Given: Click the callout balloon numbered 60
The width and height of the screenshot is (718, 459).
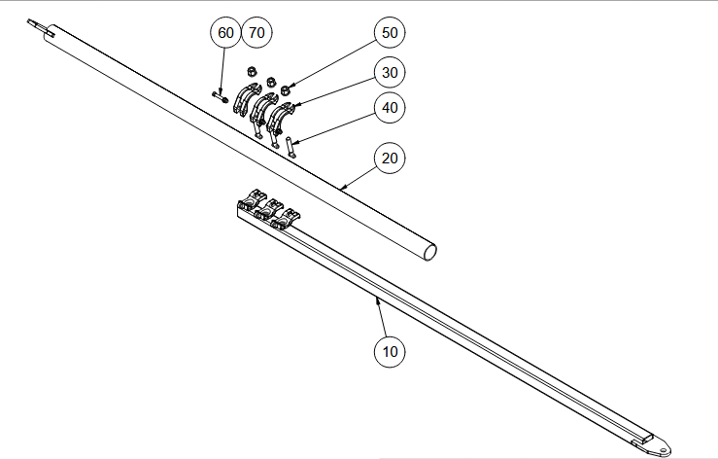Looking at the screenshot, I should click(226, 33).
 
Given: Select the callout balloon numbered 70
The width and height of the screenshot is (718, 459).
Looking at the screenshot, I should click(256, 33).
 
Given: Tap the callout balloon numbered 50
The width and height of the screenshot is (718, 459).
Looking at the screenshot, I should click(390, 33).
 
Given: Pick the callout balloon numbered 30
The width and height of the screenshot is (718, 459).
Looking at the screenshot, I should click(391, 73).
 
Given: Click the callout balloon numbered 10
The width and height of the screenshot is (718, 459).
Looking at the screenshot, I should click(391, 351).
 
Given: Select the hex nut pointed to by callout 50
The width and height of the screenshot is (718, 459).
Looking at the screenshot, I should click(286, 90).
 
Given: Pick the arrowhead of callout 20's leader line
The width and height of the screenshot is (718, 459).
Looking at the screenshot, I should click(342, 186).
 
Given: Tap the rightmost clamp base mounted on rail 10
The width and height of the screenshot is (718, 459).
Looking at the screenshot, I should click(288, 215).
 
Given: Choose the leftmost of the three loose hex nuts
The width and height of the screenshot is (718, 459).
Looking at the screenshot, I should click(252, 72).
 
